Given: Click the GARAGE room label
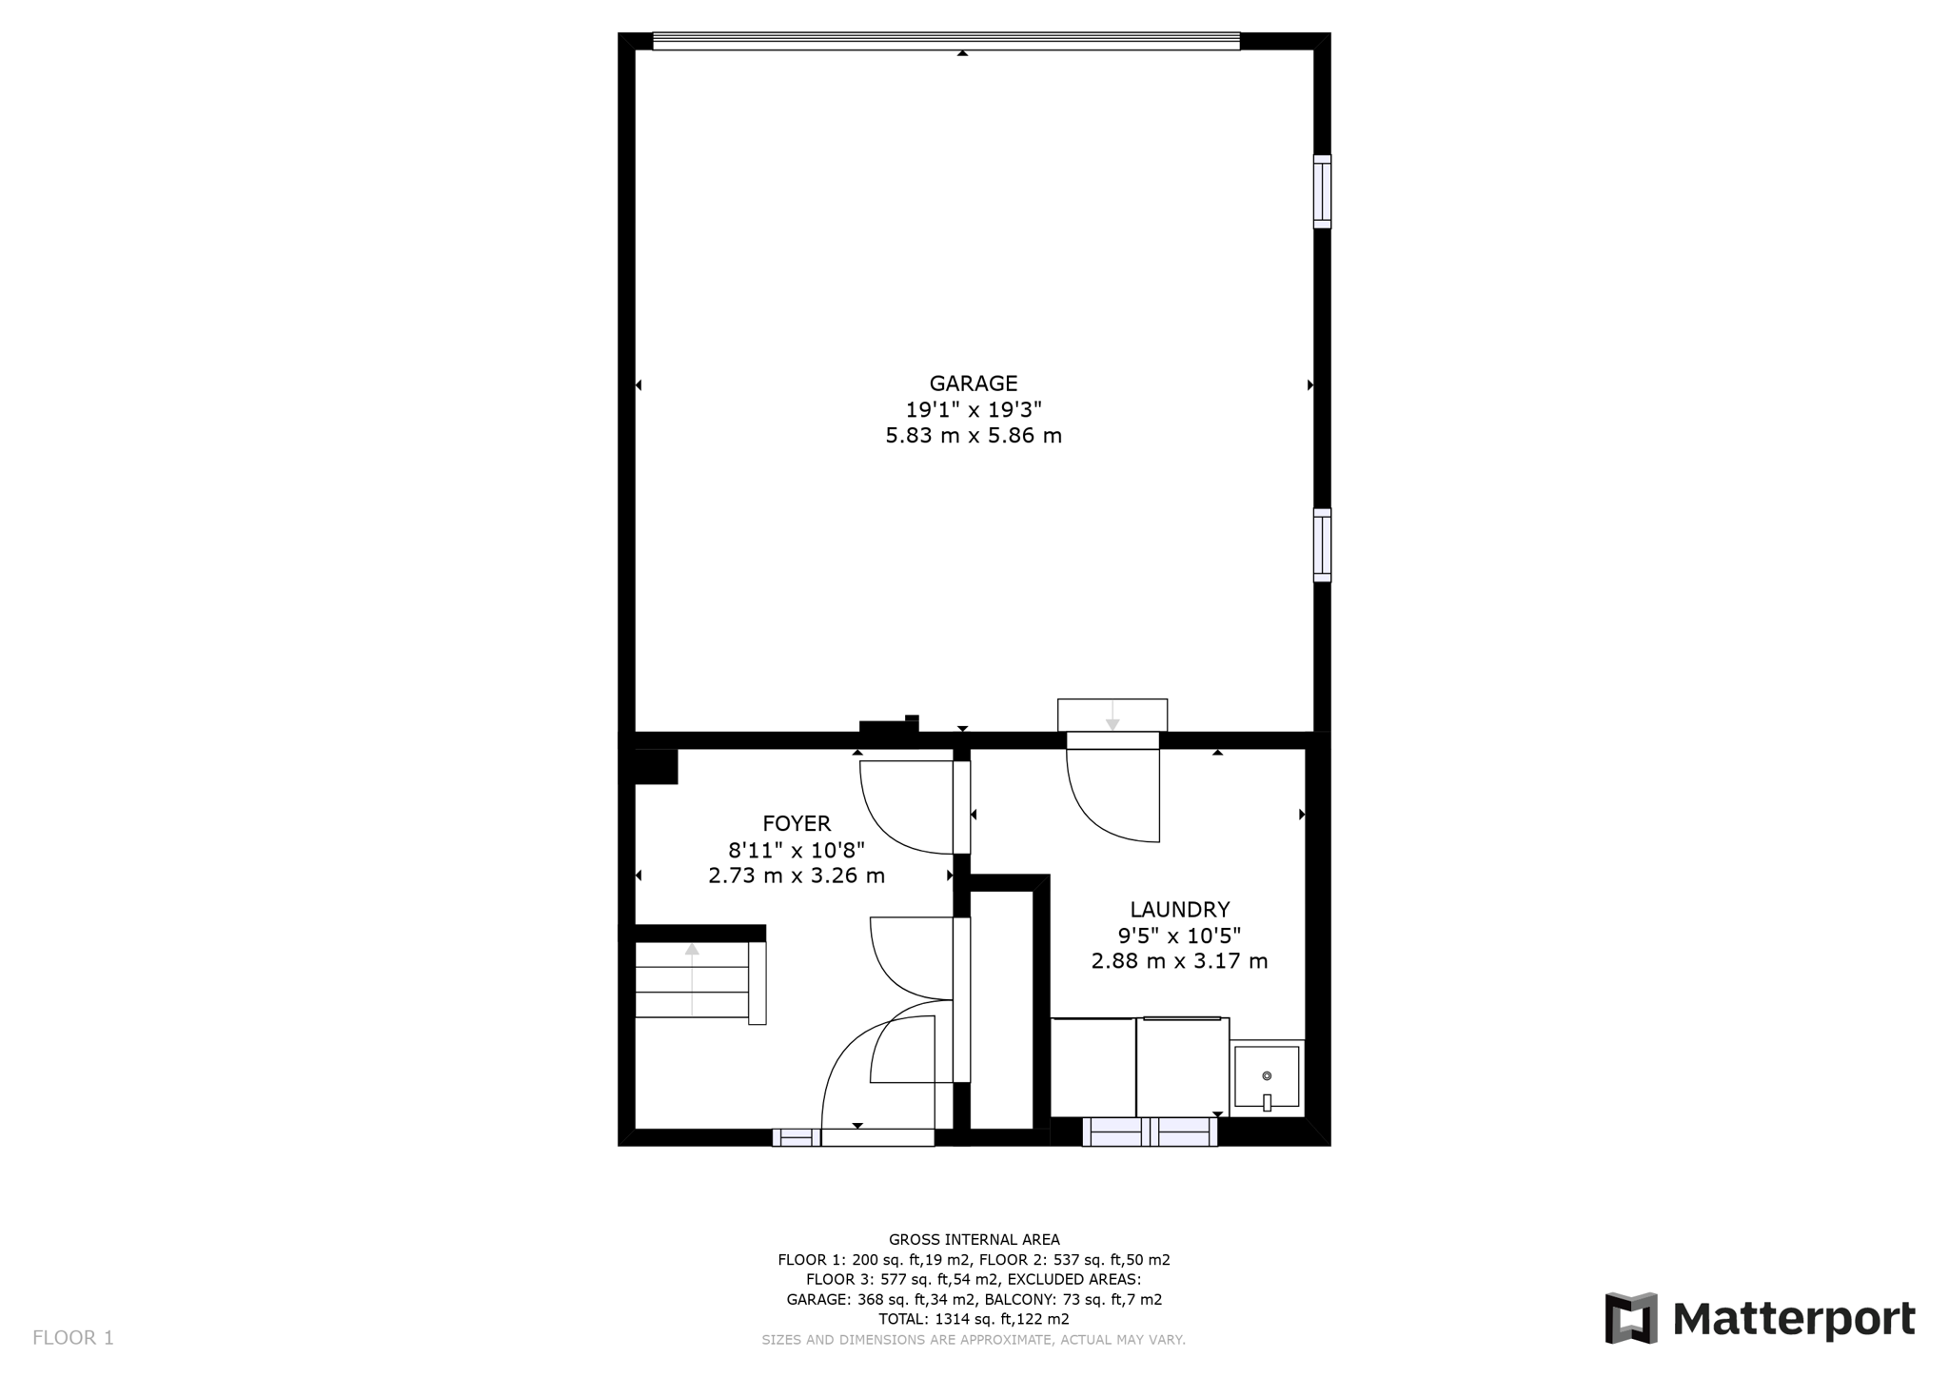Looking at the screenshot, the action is click(974, 384).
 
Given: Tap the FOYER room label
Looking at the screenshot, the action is click(797, 823).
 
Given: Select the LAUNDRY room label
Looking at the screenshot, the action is click(1180, 910).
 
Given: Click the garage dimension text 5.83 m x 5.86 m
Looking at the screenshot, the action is click(974, 436).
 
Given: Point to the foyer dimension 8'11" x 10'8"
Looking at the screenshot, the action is click(797, 850).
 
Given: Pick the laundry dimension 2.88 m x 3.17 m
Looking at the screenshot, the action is click(1180, 961).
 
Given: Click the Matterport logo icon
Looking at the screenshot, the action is click(1631, 1318).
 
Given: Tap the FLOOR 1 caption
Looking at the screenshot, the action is click(73, 1338).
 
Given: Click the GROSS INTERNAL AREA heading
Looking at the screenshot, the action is click(974, 1239).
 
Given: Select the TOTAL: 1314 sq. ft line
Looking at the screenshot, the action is click(974, 1319).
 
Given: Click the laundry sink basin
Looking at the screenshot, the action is click(1267, 1077).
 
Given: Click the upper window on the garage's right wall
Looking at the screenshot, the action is click(1322, 191).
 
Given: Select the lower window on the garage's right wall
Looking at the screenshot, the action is click(1322, 545).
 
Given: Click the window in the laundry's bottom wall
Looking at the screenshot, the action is click(1150, 1132).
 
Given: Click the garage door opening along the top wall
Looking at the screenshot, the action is click(946, 41).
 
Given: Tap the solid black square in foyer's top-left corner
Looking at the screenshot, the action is click(656, 766).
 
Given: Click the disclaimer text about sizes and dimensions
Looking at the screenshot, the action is click(974, 1340).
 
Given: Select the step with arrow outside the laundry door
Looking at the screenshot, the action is click(1112, 715).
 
